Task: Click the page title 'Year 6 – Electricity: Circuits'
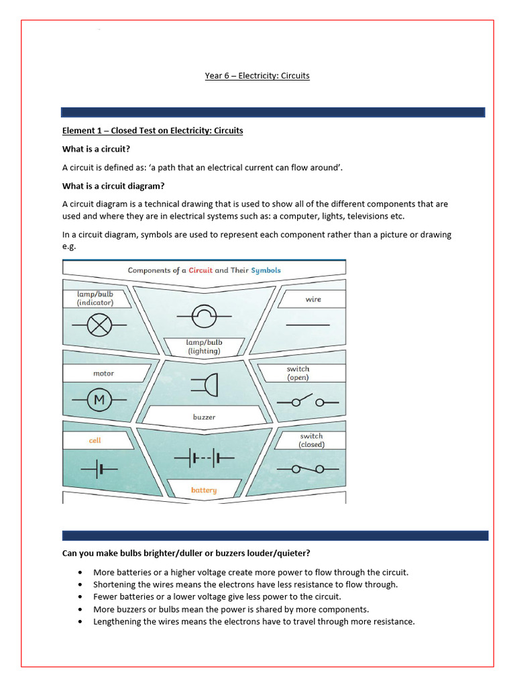257,76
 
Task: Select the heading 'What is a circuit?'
100,149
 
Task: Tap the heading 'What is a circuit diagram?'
113,186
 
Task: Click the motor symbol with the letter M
99,401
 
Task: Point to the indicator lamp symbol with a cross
99,325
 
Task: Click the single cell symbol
99,469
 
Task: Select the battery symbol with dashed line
204,459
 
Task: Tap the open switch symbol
308,402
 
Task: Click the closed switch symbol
308,468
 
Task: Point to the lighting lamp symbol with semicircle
204,313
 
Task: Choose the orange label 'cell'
95,441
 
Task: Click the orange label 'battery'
204,490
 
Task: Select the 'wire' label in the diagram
313,299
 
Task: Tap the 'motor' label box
103,374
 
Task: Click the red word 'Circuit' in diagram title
201,270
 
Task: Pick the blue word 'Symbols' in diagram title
266,270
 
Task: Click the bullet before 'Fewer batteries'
81,596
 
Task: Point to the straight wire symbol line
308,325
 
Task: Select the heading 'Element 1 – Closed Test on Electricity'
152,130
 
